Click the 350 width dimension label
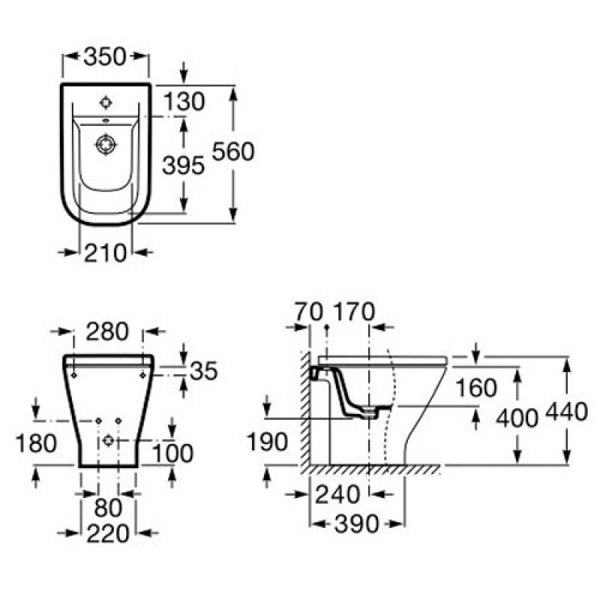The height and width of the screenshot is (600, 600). click(x=105, y=57)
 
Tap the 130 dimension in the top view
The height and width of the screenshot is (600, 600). click(x=184, y=102)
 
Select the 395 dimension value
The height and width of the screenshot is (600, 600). click(x=183, y=166)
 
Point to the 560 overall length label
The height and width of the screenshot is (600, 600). click(x=233, y=151)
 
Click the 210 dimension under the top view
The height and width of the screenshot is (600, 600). click(x=105, y=253)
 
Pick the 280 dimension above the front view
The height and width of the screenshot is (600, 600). click(x=107, y=331)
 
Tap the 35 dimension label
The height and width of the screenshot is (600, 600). click(x=203, y=370)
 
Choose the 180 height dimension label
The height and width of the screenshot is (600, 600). click(x=36, y=443)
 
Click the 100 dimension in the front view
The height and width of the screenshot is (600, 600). click(x=173, y=453)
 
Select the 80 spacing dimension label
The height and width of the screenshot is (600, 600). click(x=108, y=508)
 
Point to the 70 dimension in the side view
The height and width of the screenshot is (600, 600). click(x=308, y=311)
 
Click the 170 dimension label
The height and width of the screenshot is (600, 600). click(x=354, y=311)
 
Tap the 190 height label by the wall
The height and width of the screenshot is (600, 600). click(x=267, y=442)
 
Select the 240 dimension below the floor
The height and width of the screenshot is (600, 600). click(x=337, y=494)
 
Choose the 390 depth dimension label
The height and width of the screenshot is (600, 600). click(x=357, y=523)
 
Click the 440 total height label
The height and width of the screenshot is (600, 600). click(x=566, y=412)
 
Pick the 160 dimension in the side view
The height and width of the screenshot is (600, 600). click(x=476, y=388)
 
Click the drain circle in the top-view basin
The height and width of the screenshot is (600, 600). click(x=106, y=145)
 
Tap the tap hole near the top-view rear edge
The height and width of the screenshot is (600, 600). click(x=106, y=103)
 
